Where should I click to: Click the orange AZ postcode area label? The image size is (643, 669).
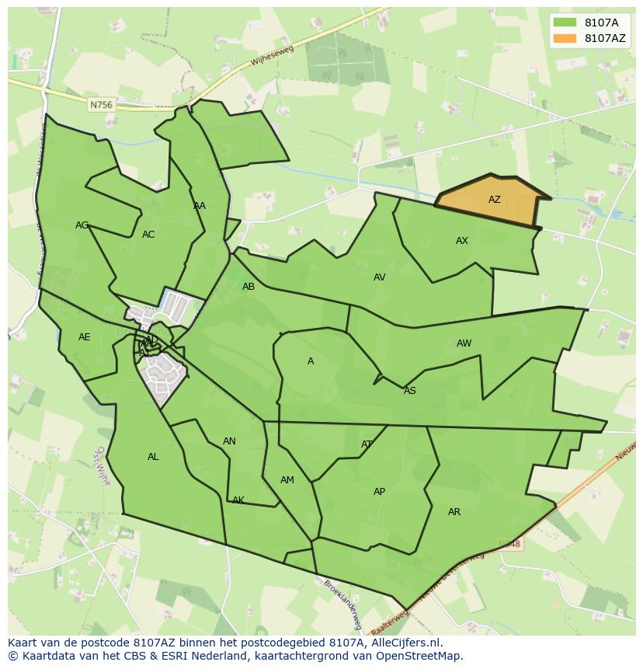[x=494, y=200]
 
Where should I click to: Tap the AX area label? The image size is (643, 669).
[x=462, y=241]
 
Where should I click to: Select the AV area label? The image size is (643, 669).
[x=379, y=277]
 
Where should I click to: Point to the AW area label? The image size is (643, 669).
[x=464, y=343]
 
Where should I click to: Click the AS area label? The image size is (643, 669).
[x=409, y=391]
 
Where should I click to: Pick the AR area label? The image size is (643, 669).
[x=454, y=512]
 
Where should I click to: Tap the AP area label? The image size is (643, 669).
[x=379, y=492]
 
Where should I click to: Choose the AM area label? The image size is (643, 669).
[x=287, y=480]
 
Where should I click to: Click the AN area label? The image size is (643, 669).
[x=229, y=441]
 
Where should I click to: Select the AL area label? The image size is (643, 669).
[x=153, y=457]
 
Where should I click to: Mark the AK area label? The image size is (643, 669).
[x=238, y=500]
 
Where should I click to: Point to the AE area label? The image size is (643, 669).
[x=85, y=337]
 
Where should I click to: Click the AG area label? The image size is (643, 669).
[x=82, y=225]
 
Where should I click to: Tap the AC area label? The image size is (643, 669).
[x=148, y=235]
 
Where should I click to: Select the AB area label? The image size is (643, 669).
[x=249, y=287]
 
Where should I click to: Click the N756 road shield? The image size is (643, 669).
[x=100, y=105]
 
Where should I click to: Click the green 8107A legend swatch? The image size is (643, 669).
[x=565, y=22]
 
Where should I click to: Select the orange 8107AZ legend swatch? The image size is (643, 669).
[x=565, y=38]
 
